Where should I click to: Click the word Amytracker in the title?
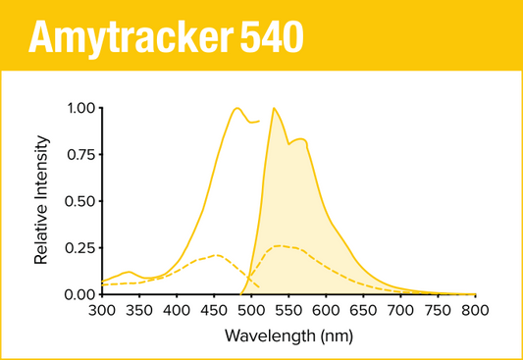129,36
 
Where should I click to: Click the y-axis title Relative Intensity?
41,202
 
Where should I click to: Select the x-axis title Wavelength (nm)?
288,335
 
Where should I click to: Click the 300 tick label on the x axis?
102,311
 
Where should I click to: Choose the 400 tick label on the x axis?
177,311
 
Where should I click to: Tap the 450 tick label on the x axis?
214,311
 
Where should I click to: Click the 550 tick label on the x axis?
288,311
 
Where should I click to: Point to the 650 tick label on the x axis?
363,311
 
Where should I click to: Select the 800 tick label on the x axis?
475,311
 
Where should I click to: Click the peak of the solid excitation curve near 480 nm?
236,108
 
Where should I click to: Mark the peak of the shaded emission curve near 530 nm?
273,108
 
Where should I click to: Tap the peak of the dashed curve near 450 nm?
216,255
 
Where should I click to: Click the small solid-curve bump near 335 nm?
129,272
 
